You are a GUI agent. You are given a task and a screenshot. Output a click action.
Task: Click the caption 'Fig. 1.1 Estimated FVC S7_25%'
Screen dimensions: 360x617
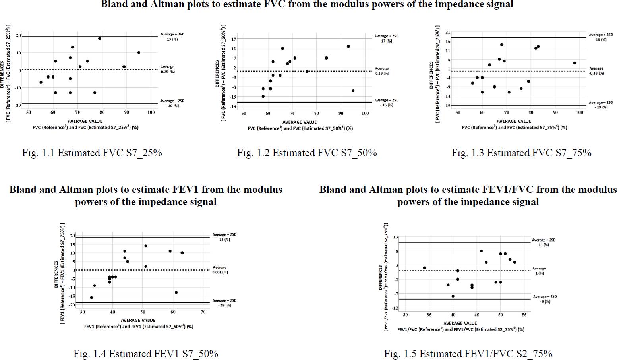click(x=92, y=153)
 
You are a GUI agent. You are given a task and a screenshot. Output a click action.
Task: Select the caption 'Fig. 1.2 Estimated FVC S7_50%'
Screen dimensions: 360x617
click(x=307, y=153)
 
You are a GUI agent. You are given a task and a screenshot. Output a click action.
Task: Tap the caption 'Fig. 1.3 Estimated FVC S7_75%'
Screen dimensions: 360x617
click(x=521, y=153)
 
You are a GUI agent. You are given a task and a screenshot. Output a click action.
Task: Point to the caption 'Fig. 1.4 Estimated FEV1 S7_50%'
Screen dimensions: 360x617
click(x=145, y=354)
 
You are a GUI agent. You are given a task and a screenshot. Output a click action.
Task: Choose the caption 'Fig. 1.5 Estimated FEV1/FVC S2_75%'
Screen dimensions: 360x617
click(x=468, y=354)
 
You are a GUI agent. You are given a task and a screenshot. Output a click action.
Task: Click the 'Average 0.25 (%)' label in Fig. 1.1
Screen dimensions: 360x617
click(x=168, y=70)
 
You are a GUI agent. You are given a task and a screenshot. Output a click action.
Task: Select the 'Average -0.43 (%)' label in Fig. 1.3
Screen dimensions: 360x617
click(x=596, y=71)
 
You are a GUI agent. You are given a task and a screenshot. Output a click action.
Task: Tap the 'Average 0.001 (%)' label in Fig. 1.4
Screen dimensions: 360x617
click(x=220, y=270)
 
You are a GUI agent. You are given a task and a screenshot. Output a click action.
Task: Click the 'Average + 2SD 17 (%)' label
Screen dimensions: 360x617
click(x=386, y=38)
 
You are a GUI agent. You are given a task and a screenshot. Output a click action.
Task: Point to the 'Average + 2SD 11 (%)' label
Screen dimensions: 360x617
click(x=544, y=242)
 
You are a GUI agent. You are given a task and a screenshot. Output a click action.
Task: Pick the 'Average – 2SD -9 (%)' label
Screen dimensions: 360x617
click(x=544, y=299)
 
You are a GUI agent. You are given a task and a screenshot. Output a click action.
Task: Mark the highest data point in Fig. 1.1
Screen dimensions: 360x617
click(x=100, y=39)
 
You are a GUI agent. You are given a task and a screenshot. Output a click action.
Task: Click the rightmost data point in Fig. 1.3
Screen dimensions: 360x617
click(x=574, y=63)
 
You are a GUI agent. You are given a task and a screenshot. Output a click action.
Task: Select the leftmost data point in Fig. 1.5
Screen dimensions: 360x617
click(x=424, y=268)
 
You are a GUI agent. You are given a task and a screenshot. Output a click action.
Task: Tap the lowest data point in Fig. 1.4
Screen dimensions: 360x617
click(x=91, y=298)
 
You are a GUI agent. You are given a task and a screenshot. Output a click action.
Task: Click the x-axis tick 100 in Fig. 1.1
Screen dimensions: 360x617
click(x=151, y=112)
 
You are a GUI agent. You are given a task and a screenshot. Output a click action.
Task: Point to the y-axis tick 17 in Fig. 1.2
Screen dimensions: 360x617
click(x=234, y=39)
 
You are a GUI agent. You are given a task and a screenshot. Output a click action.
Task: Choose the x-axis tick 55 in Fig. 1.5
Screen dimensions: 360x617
click(x=524, y=315)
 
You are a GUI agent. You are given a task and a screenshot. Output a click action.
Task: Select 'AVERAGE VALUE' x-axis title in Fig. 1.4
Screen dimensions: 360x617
click(x=138, y=320)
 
